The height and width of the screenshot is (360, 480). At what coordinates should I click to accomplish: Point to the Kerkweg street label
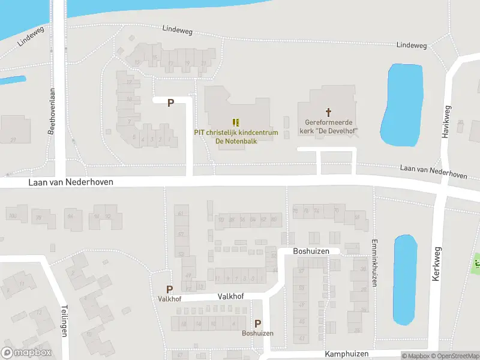[x=436, y=264]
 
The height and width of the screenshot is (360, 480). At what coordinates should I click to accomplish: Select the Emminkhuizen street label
[x=374, y=263]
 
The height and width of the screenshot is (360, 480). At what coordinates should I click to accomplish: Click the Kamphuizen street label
[x=344, y=355]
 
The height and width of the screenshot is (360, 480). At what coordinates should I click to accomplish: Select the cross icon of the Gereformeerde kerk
[x=328, y=112]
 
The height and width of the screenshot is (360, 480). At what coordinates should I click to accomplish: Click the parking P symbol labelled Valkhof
[x=170, y=289]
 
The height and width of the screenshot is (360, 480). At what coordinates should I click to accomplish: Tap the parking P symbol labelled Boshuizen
[x=257, y=323]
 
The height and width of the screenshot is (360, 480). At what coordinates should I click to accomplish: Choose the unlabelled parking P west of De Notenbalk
[x=170, y=103]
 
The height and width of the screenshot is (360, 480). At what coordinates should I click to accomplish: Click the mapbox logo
[x=26, y=353]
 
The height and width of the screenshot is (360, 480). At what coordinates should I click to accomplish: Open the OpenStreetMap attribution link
[x=454, y=356]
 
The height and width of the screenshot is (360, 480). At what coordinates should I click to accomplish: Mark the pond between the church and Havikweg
[x=401, y=105]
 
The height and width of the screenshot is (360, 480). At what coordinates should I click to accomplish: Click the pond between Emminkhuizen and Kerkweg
[x=404, y=279]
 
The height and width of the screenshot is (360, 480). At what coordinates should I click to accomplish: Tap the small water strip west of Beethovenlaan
[x=12, y=80]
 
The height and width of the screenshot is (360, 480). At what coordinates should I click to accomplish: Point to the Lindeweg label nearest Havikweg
[x=412, y=46]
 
